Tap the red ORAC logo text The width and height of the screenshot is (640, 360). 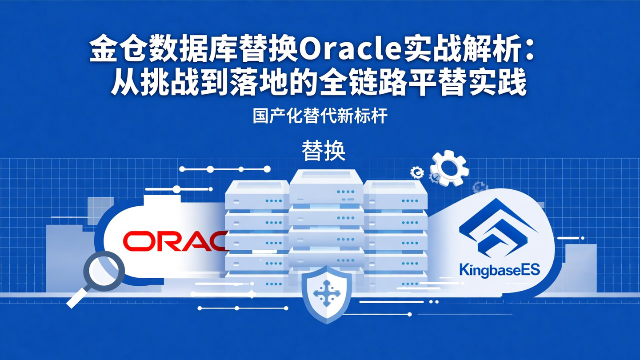pos(175,241)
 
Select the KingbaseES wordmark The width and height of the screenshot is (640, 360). pos(500,269)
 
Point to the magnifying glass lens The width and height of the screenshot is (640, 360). pos(104,271)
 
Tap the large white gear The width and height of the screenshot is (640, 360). pos(449,168)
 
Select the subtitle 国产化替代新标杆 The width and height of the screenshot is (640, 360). pos(320,116)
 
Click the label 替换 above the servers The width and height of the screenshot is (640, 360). pos(324,151)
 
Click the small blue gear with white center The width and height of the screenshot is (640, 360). pos(417,172)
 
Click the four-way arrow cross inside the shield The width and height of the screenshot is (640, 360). pos(327,293)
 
